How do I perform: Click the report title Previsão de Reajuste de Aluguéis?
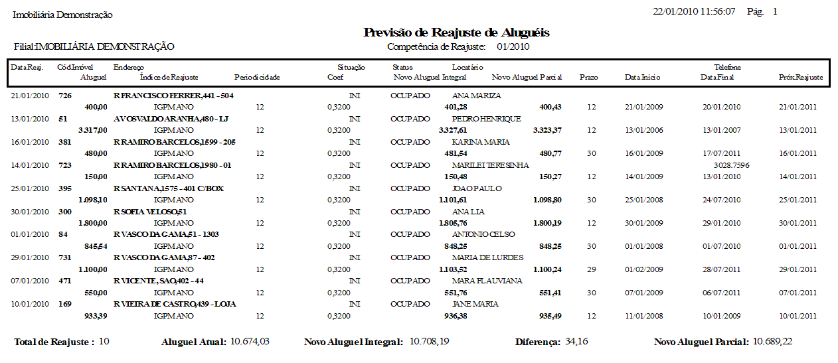[x=456, y=33]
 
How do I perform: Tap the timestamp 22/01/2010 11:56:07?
[x=694, y=12]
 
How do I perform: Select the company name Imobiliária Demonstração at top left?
[x=63, y=15]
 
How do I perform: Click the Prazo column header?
[x=588, y=78]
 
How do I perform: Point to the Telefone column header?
[x=727, y=67]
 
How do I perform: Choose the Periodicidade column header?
[x=257, y=78]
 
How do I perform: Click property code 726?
[x=64, y=96]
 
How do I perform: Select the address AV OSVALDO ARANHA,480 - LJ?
[x=171, y=119]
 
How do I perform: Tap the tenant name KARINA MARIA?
[x=481, y=142]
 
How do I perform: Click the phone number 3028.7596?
[x=732, y=165]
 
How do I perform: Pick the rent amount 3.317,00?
[x=92, y=130]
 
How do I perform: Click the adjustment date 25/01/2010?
[x=30, y=188]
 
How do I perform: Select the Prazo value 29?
[x=592, y=269]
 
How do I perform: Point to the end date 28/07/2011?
[x=721, y=269]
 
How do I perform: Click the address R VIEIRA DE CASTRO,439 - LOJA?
[x=175, y=304]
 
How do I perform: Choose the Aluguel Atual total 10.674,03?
[x=249, y=342]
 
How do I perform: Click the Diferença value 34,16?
[x=576, y=342]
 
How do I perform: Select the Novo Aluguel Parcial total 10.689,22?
[x=772, y=342]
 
